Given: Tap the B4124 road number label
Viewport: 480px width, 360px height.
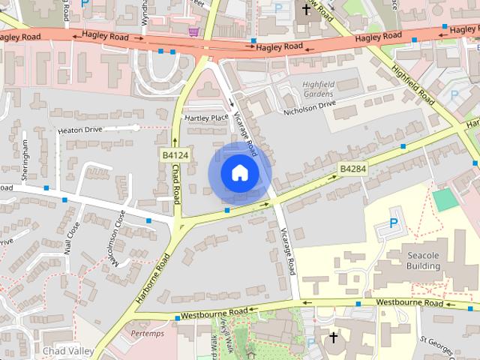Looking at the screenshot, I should (175, 155).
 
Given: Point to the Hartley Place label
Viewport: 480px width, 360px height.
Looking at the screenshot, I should (206, 118).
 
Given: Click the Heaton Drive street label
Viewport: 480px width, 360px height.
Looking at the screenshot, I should (79, 130).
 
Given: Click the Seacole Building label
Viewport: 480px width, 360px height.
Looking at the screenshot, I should (423, 260).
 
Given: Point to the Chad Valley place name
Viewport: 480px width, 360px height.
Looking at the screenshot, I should (67, 351).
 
